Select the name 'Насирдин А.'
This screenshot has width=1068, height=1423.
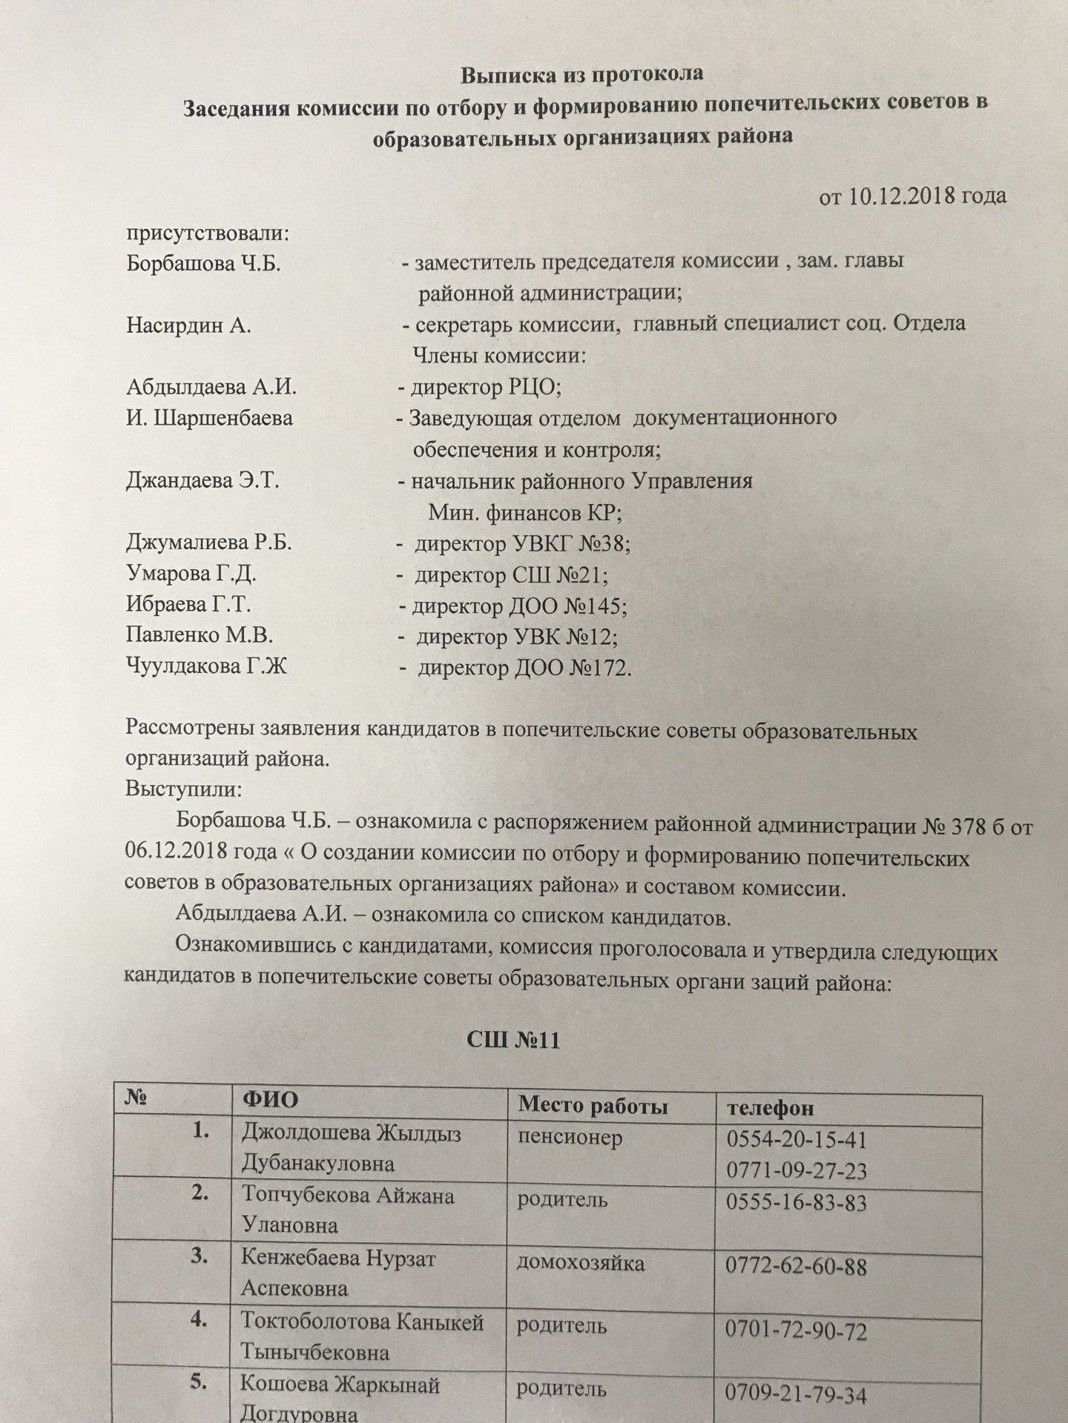click(x=188, y=325)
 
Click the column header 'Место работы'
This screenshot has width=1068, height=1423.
click(x=593, y=1106)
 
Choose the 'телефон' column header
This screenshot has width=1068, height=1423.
click(x=769, y=1107)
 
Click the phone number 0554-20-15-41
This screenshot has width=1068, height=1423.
click(x=796, y=1139)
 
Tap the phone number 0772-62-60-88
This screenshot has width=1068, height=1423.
click(x=796, y=1267)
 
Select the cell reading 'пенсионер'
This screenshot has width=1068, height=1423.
click(x=570, y=1137)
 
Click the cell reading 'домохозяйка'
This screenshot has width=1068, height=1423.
click(x=581, y=1264)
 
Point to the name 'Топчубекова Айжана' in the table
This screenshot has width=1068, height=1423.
click(x=348, y=1196)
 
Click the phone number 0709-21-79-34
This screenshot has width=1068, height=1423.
click(x=796, y=1395)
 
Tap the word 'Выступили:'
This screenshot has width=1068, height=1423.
click(x=184, y=787)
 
